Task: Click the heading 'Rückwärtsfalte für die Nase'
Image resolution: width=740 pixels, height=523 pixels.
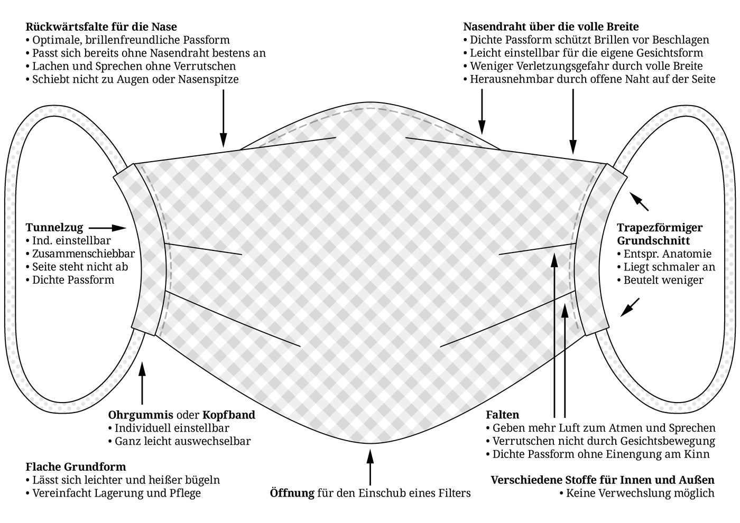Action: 101,26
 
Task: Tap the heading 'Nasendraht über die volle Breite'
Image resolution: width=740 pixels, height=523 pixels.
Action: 551,26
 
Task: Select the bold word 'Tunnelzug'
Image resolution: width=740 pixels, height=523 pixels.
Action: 54,228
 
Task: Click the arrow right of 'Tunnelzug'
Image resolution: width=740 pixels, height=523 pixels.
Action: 111,228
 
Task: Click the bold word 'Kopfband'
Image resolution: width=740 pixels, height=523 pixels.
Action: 228,415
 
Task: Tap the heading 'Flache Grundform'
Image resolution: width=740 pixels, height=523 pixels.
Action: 76,467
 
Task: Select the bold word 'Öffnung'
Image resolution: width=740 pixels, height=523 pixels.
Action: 292,493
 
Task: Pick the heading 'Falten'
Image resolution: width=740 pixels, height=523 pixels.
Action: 502,415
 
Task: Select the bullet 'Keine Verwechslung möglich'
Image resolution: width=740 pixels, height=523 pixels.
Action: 640,493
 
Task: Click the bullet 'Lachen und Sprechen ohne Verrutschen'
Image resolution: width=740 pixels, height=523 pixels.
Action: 134,66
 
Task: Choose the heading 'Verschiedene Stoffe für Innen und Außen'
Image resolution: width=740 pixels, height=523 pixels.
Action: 603,480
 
